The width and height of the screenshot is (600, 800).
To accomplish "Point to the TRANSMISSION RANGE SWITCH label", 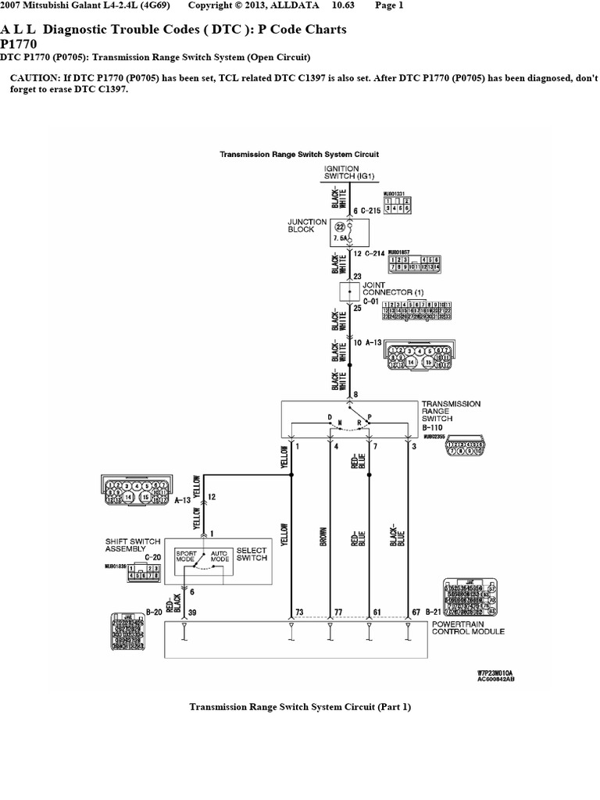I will tap(451, 411).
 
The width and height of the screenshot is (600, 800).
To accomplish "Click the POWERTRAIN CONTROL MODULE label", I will tap(468, 627).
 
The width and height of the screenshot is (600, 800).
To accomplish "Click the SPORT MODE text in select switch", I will tap(185, 556).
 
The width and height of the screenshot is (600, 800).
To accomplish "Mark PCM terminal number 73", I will tap(300, 612).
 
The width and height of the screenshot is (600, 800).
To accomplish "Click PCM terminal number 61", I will tap(377, 612).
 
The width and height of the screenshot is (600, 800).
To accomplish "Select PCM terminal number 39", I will tap(191, 612).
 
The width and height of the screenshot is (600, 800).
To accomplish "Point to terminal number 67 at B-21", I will tap(416, 612).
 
